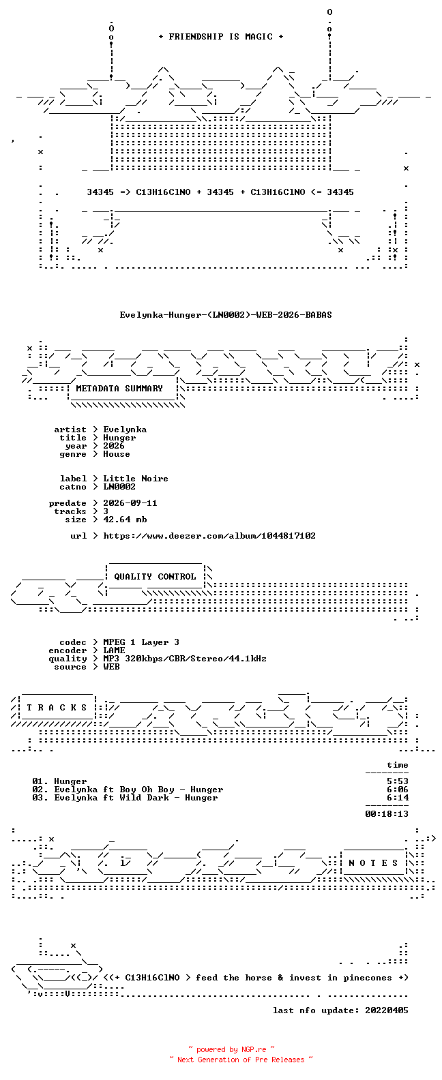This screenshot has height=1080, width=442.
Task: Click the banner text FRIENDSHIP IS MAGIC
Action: [x=220, y=37]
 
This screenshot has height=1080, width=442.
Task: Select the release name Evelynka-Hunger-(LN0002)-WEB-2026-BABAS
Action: [x=226, y=315]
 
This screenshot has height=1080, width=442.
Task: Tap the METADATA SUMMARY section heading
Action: [x=119, y=388]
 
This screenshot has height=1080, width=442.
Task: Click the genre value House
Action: [x=116, y=454]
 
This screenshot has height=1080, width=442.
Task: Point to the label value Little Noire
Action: [x=136, y=479]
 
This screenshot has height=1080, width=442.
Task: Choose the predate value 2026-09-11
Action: [x=130, y=503]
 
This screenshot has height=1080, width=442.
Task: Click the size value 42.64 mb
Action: [x=125, y=520]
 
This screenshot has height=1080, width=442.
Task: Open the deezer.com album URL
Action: [x=209, y=536]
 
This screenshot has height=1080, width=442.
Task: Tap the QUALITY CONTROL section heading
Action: [x=155, y=577]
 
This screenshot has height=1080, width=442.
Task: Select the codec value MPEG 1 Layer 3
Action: [x=141, y=642]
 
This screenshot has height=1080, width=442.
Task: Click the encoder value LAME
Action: [x=114, y=650]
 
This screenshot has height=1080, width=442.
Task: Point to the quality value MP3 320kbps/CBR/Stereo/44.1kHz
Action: [x=185, y=659]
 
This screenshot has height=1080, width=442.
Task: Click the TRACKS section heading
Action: [x=57, y=708]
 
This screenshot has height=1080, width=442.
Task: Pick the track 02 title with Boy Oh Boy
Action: [x=138, y=790]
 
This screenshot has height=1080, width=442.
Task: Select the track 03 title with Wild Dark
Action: [x=136, y=798]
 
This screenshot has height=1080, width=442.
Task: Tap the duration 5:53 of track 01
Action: [x=398, y=781]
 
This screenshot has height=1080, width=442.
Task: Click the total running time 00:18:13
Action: [x=387, y=814]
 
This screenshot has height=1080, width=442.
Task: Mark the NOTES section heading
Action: [x=373, y=863]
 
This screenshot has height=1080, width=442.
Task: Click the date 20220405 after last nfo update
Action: [x=387, y=1010]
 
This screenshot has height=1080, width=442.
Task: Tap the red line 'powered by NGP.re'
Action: [x=231, y=1049]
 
